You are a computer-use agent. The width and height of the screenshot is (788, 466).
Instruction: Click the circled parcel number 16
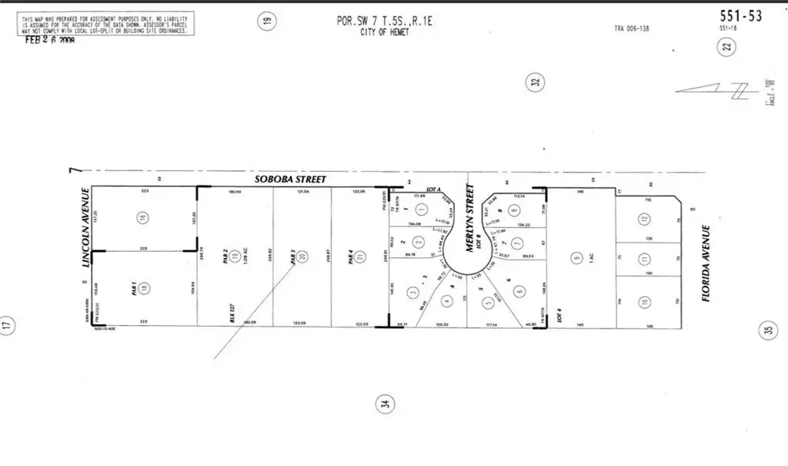coord(142,218)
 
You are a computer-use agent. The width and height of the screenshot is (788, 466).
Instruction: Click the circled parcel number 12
coord(643,220)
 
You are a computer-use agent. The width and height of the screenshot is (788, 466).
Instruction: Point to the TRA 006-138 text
coord(633,28)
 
